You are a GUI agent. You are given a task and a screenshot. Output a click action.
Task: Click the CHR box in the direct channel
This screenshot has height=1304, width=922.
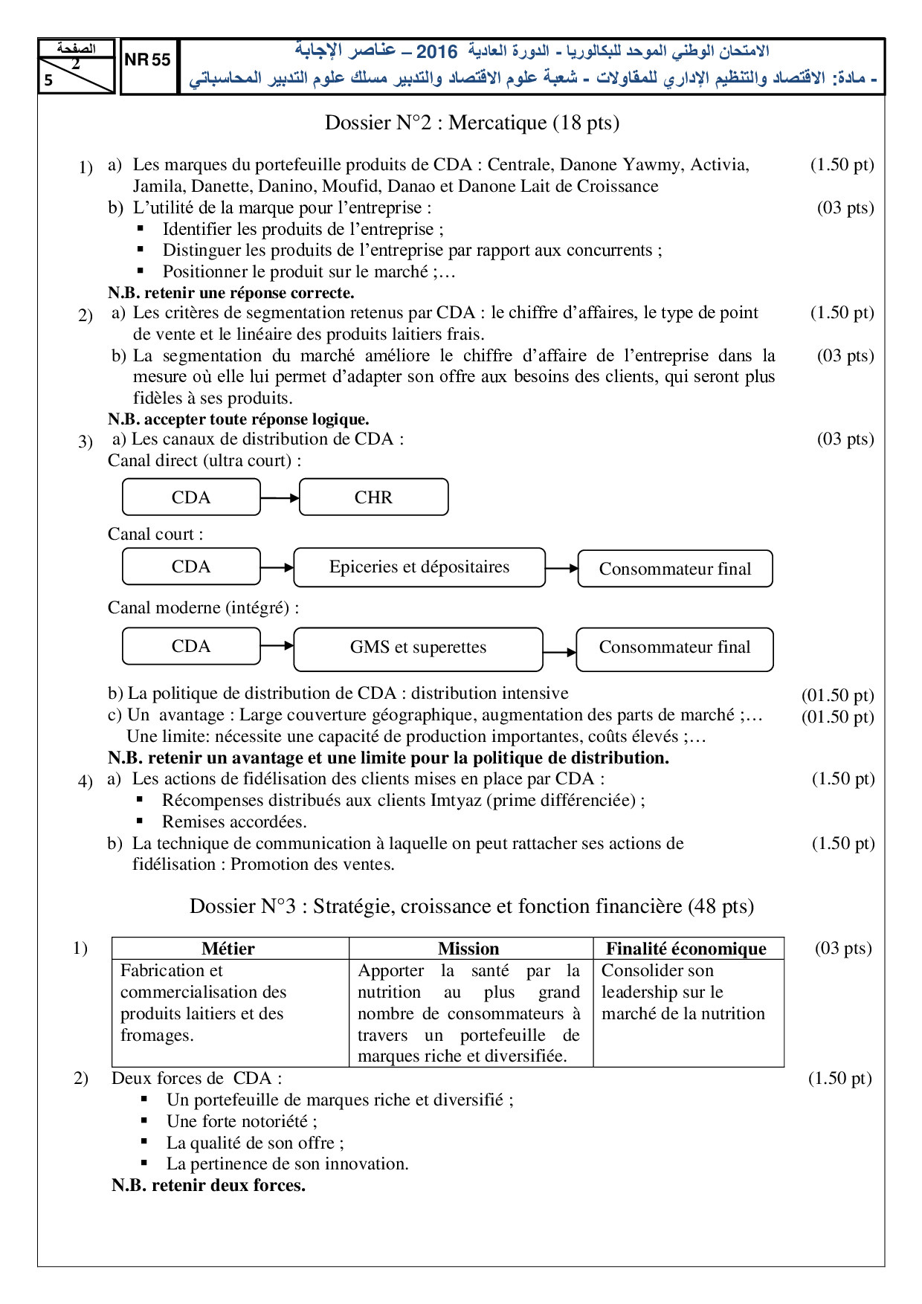(373, 497)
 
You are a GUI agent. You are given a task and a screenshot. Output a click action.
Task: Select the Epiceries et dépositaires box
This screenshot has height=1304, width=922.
(419, 567)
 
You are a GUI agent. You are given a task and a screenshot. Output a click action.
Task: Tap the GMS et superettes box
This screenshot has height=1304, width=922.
(418, 648)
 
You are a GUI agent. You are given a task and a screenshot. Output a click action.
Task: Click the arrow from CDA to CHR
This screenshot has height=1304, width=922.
(280, 497)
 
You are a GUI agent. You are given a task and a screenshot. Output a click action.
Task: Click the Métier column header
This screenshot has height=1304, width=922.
(228, 949)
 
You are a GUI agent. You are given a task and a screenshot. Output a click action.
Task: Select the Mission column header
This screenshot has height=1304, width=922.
(468, 949)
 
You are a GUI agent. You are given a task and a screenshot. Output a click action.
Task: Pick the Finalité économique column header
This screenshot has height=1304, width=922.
(686, 949)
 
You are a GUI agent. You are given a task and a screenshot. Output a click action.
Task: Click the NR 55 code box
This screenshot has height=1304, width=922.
(148, 60)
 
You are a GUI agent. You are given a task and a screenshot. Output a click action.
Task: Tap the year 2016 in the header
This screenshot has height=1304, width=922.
(436, 51)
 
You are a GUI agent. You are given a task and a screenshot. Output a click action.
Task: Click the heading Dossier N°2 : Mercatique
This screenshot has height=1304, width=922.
(472, 123)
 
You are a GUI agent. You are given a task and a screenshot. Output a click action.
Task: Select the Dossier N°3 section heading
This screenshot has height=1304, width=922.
(471, 906)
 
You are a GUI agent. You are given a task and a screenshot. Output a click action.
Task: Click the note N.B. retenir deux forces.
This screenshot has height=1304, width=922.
(209, 1185)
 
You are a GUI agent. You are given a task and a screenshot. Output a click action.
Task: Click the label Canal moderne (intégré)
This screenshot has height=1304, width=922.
(204, 607)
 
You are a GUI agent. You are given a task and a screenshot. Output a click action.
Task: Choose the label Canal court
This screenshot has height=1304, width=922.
(155, 534)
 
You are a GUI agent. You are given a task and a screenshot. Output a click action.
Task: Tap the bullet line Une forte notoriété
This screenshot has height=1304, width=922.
(242, 1121)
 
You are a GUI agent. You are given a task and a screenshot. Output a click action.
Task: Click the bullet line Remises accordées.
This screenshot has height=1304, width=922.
(234, 822)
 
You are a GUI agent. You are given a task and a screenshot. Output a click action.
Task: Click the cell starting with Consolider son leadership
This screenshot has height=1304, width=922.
(683, 992)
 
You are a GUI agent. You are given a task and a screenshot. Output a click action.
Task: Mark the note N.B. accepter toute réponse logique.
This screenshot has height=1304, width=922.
(239, 419)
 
